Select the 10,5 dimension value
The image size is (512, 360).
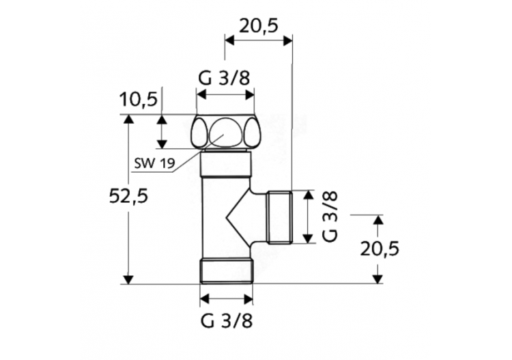[x=139, y=100]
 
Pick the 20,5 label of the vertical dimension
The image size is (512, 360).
[x=380, y=249]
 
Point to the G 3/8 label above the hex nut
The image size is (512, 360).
[x=225, y=77]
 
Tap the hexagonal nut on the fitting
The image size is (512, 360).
[x=226, y=133]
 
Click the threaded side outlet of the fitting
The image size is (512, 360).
[x=280, y=217]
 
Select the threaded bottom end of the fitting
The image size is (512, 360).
[x=226, y=271]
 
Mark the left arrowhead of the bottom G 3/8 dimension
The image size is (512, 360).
[x=204, y=299]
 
